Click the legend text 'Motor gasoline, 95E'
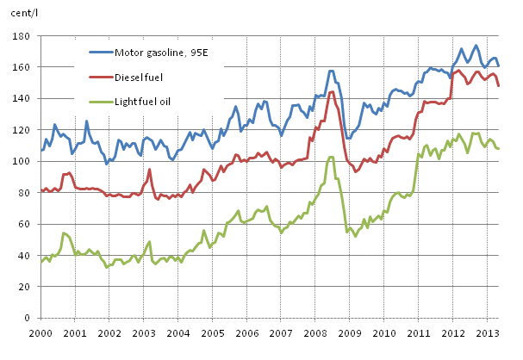(163, 52)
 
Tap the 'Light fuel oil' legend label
(145, 100)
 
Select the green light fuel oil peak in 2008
(331, 157)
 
